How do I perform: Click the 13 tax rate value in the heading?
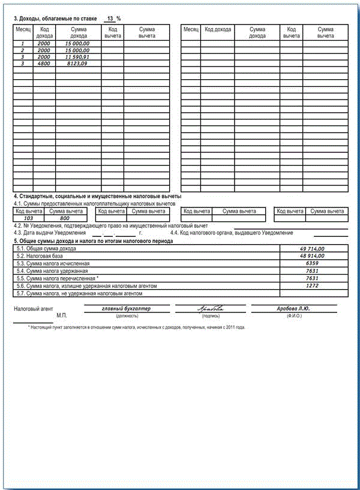tap(110, 19)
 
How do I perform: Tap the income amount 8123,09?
tap(78, 63)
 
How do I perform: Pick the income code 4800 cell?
tap(44, 63)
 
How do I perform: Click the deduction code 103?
tap(28, 218)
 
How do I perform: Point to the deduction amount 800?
tap(65, 218)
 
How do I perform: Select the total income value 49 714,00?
tap(311, 248)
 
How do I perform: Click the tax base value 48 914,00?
tap(311, 255)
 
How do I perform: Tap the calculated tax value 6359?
tap(311, 263)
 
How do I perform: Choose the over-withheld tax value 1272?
tap(311, 286)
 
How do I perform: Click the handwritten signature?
tap(210, 309)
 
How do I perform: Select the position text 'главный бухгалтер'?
tap(127, 309)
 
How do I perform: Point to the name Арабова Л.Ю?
tap(293, 309)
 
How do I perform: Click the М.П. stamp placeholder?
tap(62, 315)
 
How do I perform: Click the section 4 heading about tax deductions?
tap(98, 197)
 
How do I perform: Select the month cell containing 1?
tap(23, 44)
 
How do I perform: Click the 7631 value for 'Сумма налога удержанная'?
tap(311, 271)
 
